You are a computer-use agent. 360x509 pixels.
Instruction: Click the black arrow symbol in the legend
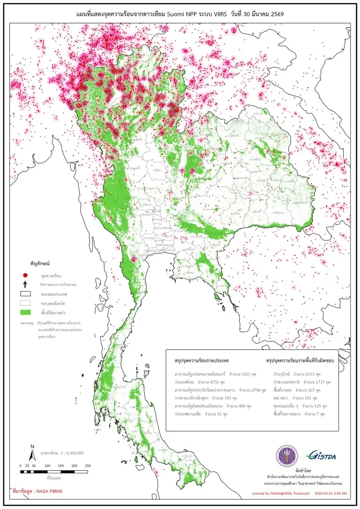click(25, 284)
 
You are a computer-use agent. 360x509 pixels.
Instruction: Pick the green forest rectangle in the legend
click(25, 312)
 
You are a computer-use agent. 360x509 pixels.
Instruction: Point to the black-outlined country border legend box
click(25, 294)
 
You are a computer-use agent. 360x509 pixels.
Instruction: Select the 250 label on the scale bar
click(88, 466)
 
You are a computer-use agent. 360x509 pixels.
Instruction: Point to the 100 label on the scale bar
click(47, 466)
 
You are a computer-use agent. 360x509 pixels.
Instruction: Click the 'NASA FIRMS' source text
click(49, 492)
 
